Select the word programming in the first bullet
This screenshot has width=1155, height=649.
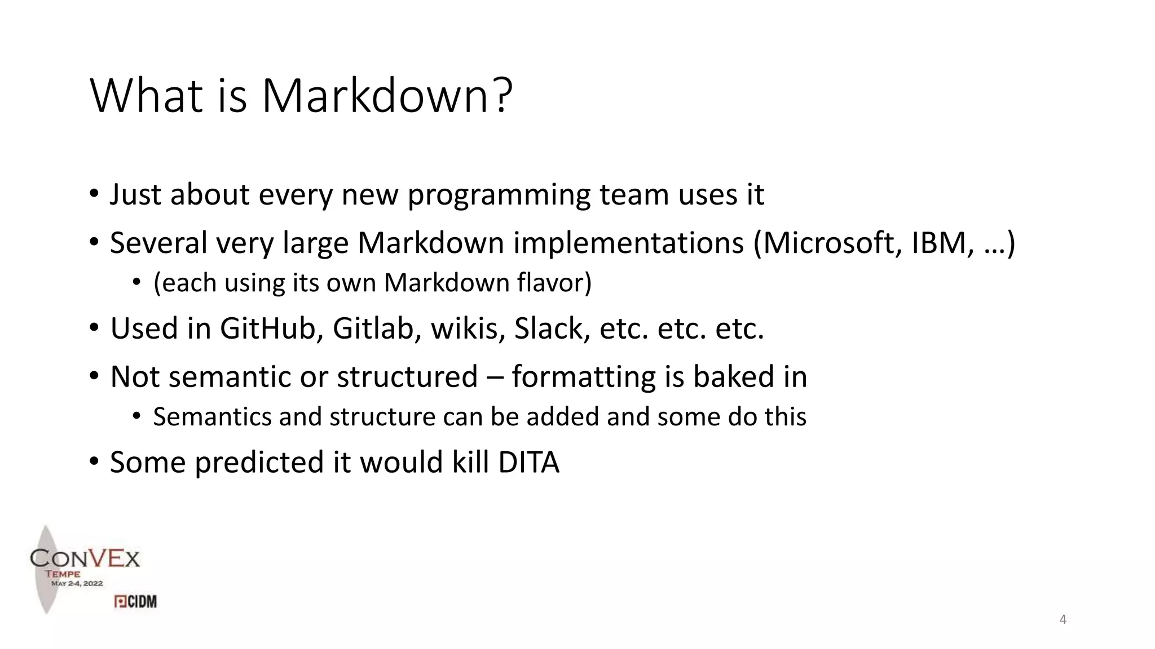(499, 195)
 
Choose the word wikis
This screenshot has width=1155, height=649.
(468, 328)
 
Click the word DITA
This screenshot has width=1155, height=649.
(528, 463)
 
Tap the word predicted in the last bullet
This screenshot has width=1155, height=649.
(259, 463)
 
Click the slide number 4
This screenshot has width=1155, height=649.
(1063, 620)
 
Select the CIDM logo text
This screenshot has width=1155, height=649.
(136, 602)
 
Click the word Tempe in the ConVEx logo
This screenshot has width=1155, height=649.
(63, 574)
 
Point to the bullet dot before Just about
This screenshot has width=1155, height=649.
(94, 195)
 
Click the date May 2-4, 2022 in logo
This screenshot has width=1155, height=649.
(77, 584)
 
